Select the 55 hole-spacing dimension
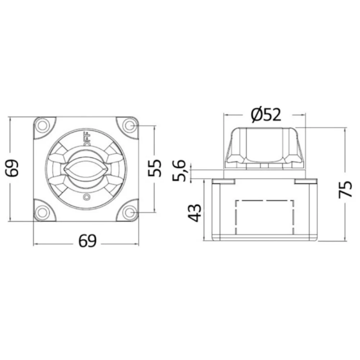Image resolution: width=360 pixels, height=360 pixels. [x=155, y=168]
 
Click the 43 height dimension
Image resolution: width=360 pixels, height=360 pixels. [x=195, y=213]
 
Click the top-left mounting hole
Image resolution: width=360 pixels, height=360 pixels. [x=43, y=126]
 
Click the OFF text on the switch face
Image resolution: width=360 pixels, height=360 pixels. [x=87, y=139]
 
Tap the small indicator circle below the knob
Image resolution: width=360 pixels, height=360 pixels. [x=86, y=197]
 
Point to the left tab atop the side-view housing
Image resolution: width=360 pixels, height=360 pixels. [x=223, y=181]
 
